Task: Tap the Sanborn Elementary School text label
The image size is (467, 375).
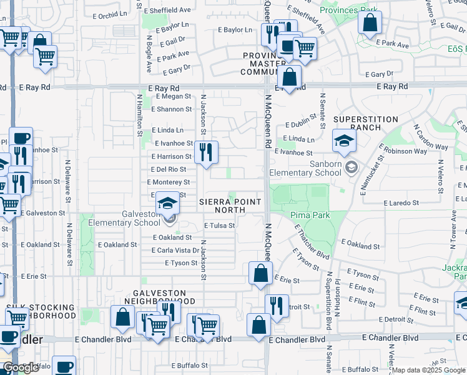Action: [307, 169]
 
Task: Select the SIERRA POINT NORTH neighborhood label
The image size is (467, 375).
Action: [230, 206]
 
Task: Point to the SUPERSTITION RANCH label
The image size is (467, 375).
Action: [365, 123]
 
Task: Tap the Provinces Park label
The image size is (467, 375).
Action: [348, 11]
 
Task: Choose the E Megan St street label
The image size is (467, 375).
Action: [174, 96]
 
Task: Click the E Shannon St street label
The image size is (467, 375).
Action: [171, 109]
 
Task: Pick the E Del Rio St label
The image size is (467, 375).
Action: [169, 169]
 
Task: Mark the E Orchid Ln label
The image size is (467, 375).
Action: [113, 15]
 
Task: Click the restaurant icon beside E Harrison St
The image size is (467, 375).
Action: [205, 152]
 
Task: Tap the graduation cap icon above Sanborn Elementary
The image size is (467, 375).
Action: [344, 141]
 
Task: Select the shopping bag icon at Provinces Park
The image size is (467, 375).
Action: [370, 22]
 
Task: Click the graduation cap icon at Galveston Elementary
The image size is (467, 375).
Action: [167, 204]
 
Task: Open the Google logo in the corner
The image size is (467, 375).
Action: [21, 367]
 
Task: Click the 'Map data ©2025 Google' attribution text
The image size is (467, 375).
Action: [428, 370]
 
